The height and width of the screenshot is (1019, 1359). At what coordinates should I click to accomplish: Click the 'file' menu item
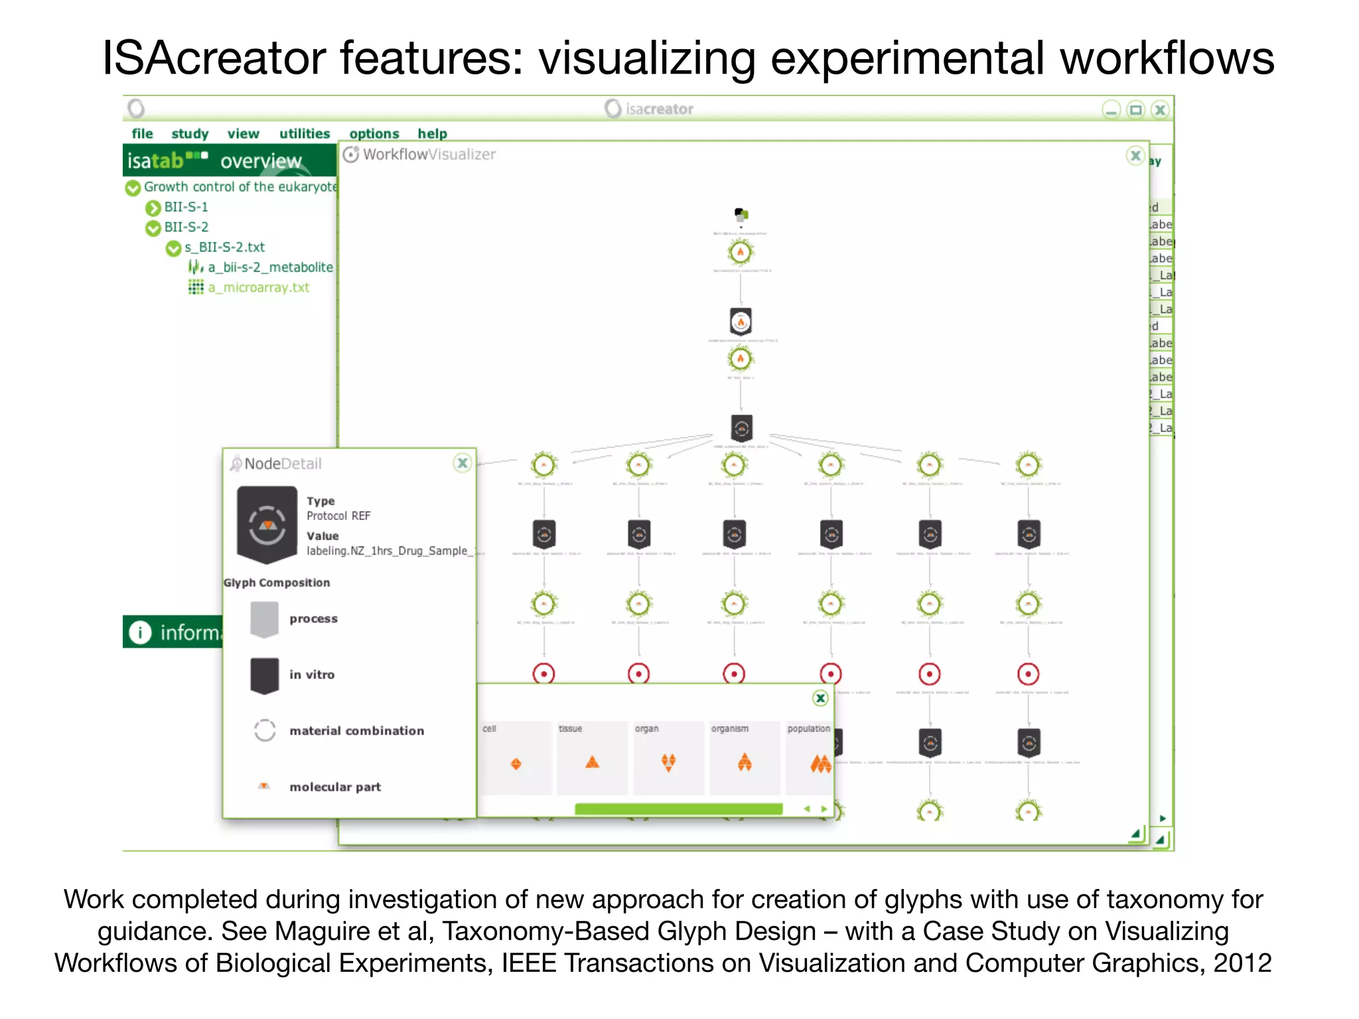tap(142, 133)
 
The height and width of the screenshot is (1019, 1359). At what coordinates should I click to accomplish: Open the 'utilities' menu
tap(304, 133)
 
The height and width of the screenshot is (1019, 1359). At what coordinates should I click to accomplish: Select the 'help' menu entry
tap(432, 133)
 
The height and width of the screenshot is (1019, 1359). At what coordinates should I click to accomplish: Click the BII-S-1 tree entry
tap(186, 207)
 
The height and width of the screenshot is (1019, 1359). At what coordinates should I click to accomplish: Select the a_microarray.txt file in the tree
tap(258, 287)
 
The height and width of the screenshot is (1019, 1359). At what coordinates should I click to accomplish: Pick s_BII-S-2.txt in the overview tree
tap(224, 247)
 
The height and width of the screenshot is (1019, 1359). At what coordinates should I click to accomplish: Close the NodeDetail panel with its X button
tap(463, 463)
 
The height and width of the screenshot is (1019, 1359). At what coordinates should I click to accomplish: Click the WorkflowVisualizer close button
tap(1135, 156)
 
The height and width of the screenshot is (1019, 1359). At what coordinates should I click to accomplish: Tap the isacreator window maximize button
tap(1136, 109)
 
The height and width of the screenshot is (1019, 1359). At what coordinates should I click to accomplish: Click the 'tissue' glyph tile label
tap(570, 728)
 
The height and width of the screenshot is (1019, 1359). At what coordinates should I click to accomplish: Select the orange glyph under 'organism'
tap(745, 763)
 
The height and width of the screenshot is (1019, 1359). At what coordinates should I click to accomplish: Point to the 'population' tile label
tap(808, 728)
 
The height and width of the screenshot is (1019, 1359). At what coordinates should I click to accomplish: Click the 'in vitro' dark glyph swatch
tap(264, 675)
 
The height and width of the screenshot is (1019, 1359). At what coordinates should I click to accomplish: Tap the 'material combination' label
tap(356, 730)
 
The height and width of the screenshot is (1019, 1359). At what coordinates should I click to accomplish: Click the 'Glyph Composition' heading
tap(277, 582)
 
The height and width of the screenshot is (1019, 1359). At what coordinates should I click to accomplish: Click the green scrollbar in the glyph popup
tap(678, 809)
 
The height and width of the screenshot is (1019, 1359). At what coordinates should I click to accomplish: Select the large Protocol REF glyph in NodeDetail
tap(267, 525)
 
